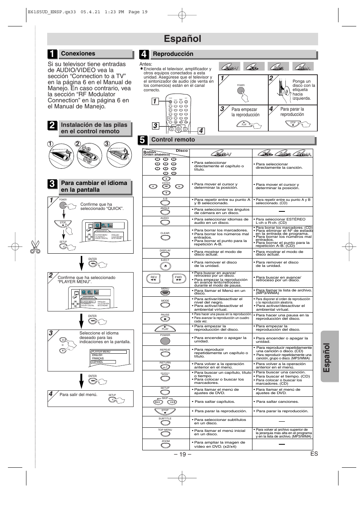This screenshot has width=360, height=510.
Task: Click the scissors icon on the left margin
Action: tap(35, 247)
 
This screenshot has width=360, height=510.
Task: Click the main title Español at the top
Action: tap(182, 39)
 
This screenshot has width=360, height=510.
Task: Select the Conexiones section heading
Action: tap(78, 54)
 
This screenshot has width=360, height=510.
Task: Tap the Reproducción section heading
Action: tap(173, 54)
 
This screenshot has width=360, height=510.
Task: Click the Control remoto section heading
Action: tap(173, 140)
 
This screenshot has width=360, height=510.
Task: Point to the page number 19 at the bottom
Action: tap(182, 454)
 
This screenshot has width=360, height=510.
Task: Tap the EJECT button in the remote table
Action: tap(165, 266)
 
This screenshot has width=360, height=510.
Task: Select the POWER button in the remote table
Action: tap(165, 341)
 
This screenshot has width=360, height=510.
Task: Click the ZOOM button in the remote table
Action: tap(165, 445)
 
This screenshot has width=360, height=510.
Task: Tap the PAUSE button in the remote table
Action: tap(165, 319)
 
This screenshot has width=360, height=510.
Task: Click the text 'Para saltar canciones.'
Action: tap(277, 402)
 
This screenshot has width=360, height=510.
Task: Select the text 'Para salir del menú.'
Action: tap(78, 395)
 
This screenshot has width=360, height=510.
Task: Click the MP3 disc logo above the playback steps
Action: tap(278, 67)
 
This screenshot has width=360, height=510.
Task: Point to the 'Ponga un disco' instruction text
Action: tap(303, 90)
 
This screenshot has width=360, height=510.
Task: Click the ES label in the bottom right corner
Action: tap(314, 454)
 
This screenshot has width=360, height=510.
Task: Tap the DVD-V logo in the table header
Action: tap(223, 154)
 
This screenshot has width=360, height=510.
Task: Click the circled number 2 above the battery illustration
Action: tap(78, 144)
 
